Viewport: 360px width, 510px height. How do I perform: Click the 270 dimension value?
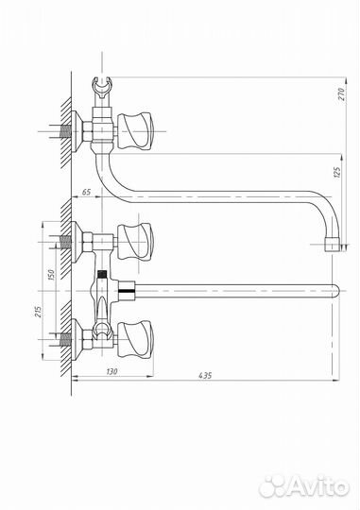(x=341, y=94)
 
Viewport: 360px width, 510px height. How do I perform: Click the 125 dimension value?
(x=337, y=172)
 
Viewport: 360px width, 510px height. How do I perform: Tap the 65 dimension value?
(x=86, y=193)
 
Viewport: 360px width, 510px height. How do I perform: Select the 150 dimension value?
(x=51, y=274)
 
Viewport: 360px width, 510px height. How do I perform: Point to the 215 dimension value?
(x=39, y=312)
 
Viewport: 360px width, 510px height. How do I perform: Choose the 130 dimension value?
(x=111, y=371)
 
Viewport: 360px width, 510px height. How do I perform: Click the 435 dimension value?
(x=205, y=375)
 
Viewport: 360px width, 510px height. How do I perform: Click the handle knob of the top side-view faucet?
(x=135, y=131)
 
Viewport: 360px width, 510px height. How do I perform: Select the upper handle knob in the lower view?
(x=135, y=242)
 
